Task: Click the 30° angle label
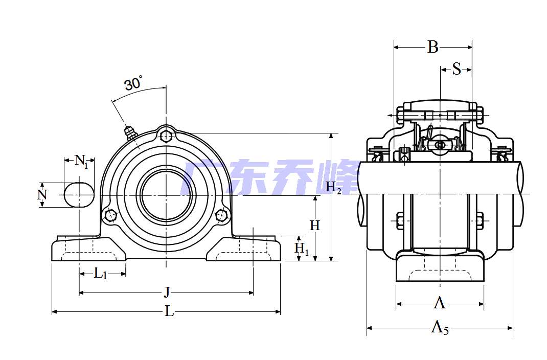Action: tap(133, 83)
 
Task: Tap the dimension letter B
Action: tap(433, 47)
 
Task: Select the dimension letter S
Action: tap(457, 69)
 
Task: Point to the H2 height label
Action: tap(333, 188)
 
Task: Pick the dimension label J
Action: tap(167, 292)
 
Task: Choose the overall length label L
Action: tap(169, 311)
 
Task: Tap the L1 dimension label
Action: tap(101, 274)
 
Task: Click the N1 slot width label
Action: tap(81, 161)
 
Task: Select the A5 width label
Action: tap(440, 327)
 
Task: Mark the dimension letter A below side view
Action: tap(440, 303)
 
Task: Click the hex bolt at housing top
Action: tap(166, 136)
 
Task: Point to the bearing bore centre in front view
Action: tap(166, 194)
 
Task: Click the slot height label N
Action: tap(42, 194)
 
